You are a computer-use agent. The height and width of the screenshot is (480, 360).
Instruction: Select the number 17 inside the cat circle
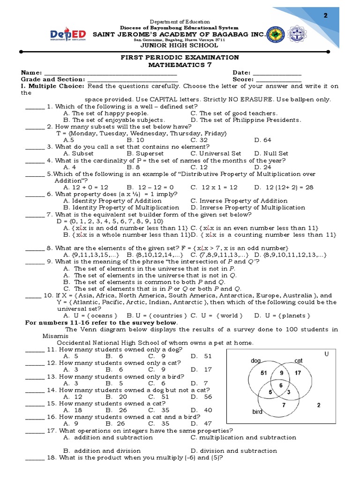[x=298, y=373]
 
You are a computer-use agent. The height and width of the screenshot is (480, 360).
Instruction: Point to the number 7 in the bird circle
[x=284, y=405]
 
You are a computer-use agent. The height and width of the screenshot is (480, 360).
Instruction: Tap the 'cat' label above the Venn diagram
[x=299, y=360]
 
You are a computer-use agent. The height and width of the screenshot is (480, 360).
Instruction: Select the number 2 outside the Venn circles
[x=319, y=405]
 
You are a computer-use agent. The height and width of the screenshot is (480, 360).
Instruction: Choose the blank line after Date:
[x=277, y=73]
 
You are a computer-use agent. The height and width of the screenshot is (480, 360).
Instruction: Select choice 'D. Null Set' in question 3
[x=271, y=153]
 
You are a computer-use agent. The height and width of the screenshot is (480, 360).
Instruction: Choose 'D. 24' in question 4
[x=262, y=167]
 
